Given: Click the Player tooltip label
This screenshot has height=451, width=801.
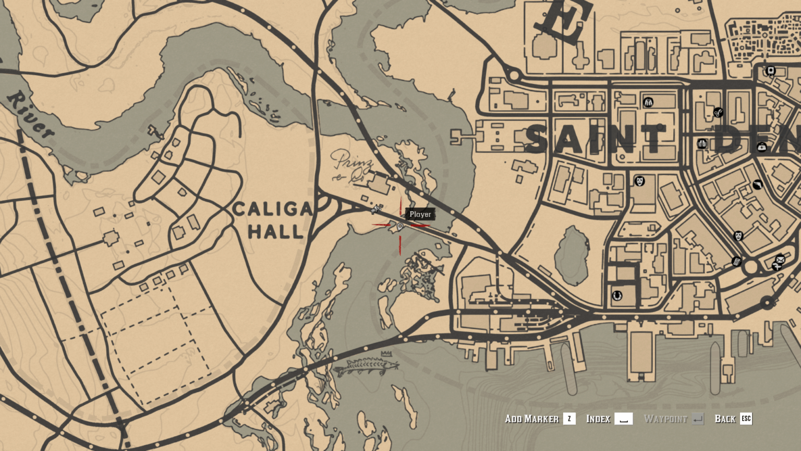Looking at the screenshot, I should (x=420, y=214).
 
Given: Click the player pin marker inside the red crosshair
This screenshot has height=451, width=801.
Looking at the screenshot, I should (x=400, y=226).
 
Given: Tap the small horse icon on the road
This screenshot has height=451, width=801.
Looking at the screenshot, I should (x=375, y=209).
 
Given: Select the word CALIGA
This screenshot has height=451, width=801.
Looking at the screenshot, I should (x=273, y=209).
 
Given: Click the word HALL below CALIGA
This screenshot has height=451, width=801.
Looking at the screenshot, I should (x=275, y=231).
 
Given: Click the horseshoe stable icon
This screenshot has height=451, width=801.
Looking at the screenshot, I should (x=617, y=296).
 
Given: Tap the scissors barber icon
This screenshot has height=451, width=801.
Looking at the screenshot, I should (x=718, y=112).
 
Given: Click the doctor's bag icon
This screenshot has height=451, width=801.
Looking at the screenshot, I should (x=762, y=147).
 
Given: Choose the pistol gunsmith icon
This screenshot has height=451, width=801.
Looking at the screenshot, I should (x=757, y=184).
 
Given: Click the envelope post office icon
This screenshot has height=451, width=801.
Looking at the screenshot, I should (x=780, y=259).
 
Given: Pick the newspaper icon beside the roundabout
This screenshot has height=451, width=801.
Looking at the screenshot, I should (x=736, y=261).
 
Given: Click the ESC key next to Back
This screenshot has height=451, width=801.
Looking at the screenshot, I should (x=746, y=419).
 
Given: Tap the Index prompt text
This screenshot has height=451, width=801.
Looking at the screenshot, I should (x=598, y=419).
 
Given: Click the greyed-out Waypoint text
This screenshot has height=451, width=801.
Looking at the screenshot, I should (x=665, y=419).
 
